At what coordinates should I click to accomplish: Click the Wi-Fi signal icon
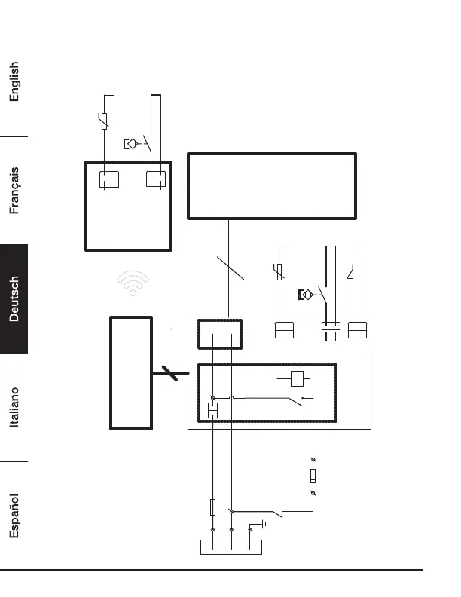pyautogui.click(x=133, y=282)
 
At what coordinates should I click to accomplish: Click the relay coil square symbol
pyautogui.click(x=297, y=378)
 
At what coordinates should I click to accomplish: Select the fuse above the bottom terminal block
pyautogui.click(x=213, y=507)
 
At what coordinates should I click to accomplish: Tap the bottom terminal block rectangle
pyautogui.click(x=230, y=546)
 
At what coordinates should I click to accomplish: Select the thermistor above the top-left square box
pyautogui.click(x=104, y=120)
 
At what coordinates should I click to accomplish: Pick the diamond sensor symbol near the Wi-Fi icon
pyautogui.click(x=307, y=294)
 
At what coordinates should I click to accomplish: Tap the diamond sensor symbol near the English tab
pyautogui.click(x=131, y=143)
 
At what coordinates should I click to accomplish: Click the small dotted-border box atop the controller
pyautogui.click(x=219, y=334)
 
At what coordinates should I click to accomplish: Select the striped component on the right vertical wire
pyautogui.click(x=313, y=476)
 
